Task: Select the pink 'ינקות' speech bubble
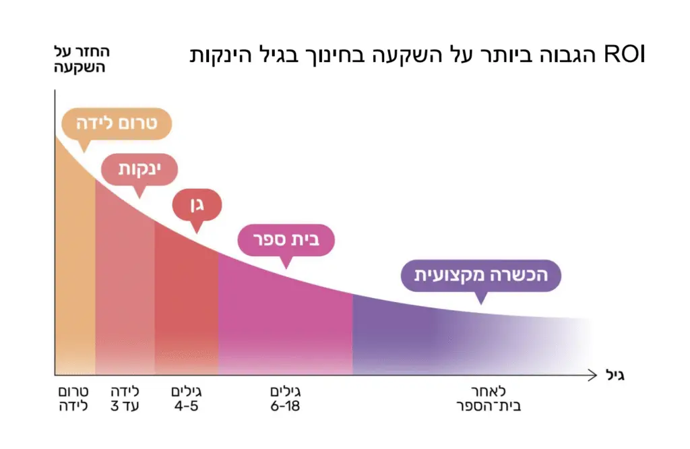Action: pyautogui.click(x=139, y=169)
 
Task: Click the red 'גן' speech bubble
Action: pyautogui.click(x=197, y=204)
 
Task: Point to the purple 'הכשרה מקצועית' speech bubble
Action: pyautogui.click(x=480, y=275)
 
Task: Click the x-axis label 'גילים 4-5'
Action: pyautogui.click(x=187, y=399)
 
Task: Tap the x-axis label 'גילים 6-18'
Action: pyautogui.click(x=284, y=399)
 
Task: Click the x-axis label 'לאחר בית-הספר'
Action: pyautogui.click(x=489, y=399)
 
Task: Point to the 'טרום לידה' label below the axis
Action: pyautogui.click(x=70, y=399)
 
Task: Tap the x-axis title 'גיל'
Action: pyautogui.click(x=611, y=375)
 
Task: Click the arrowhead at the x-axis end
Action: pyautogui.click(x=592, y=374)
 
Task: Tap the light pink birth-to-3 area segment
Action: pyautogui.click(x=125, y=290)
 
